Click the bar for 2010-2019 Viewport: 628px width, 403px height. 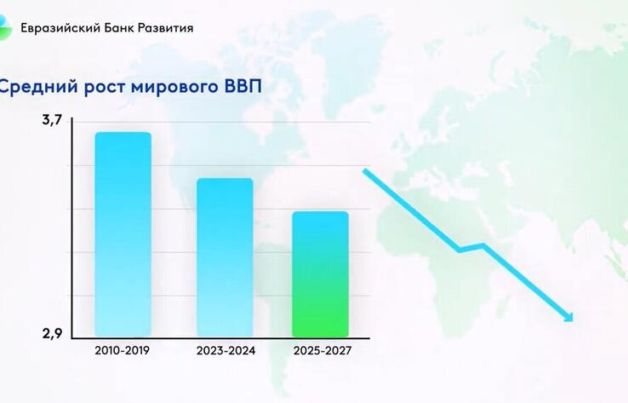123,234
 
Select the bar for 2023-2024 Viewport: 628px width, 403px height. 225,257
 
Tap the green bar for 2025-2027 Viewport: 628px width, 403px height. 320,274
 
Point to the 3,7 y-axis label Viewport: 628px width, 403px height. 52,121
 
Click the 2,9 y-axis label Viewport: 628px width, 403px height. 53,332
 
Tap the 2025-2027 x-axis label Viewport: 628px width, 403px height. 321,350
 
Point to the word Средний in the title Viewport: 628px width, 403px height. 34,87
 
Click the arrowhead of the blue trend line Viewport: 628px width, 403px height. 568,318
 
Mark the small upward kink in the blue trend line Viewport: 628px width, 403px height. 482,245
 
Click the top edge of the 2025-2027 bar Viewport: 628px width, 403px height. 320,212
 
